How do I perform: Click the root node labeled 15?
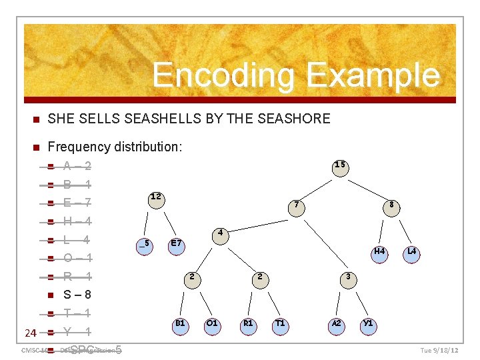[340, 165]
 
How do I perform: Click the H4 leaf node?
[379, 253]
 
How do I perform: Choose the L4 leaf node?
[412, 253]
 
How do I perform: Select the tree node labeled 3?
[347, 277]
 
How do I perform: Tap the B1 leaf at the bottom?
[179, 324]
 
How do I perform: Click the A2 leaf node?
[337, 324]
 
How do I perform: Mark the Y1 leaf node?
[367, 324]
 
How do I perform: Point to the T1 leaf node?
[281, 324]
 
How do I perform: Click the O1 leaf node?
[212, 324]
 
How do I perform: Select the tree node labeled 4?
[220, 234]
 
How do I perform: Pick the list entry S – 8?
[77, 295]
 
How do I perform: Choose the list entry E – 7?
[77, 203]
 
